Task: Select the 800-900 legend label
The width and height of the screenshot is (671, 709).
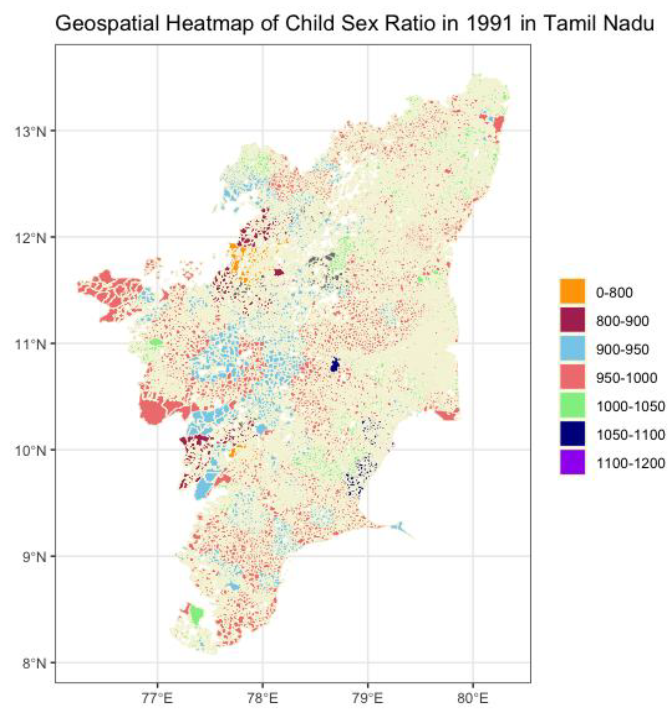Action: [622, 321]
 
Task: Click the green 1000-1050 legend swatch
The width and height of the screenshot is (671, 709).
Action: [572, 405]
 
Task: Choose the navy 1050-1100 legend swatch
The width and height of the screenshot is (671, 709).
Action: [572, 434]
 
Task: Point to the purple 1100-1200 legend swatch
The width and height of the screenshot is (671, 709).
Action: [572, 462]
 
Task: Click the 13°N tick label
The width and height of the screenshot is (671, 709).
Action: [30, 131]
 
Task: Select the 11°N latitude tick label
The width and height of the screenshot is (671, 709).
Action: [30, 345]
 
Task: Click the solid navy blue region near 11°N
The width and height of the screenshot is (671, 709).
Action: [335, 366]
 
